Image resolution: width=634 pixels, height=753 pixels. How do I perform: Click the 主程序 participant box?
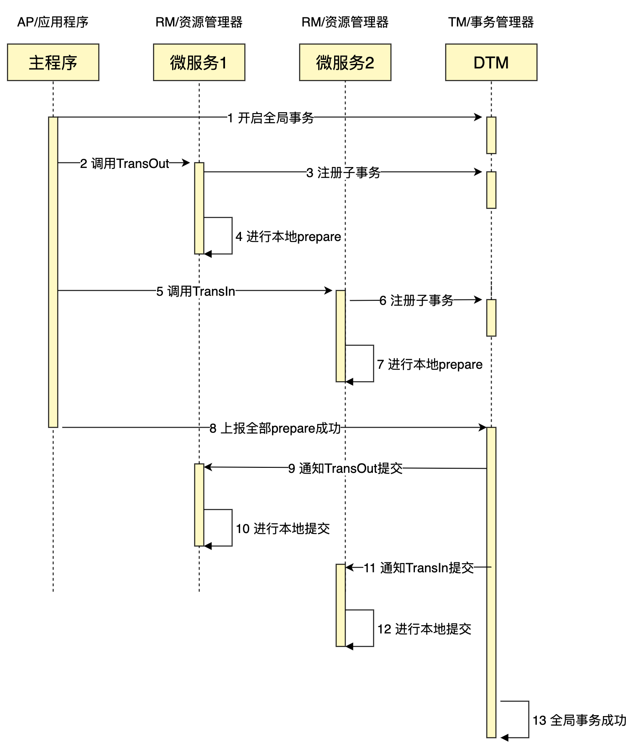click(x=53, y=63)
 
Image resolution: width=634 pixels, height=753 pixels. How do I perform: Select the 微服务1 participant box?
click(x=199, y=63)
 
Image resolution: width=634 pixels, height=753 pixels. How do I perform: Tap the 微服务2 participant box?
click(x=345, y=63)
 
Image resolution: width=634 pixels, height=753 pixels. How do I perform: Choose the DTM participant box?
click(x=491, y=63)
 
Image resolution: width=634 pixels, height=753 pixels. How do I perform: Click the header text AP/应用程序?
click(x=53, y=22)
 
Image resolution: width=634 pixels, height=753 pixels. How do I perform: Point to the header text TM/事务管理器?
click(x=491, y=22)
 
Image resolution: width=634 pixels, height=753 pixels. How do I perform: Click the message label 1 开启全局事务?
click(x=271, y=118)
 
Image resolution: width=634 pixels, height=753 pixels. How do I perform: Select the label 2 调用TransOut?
click(x=125, y=163)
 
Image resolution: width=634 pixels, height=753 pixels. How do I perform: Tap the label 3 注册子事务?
click(x=343, y=173)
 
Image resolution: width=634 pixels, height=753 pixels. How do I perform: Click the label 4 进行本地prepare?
click(x=288, y=236)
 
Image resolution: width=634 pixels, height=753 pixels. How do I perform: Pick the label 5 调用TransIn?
click(x=196, y=291)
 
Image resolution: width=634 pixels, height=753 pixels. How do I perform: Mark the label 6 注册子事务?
click(x=416, y=300)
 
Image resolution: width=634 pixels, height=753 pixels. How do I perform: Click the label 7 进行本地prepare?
click(x=430, y=364)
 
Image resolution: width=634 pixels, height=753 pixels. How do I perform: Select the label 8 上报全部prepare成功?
click(x=275, y=428)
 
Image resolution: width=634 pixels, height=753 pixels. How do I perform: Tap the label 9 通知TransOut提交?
click(x=346, y=468)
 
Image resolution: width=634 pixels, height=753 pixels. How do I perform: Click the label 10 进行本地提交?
click(x=283, y=528)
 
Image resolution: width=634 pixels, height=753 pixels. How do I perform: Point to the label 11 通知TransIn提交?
click(x=419, y=568)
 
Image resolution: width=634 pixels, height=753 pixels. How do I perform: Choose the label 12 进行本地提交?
click(x=424, y=629)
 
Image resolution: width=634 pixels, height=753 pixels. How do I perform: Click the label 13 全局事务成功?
click(x=580, y=720)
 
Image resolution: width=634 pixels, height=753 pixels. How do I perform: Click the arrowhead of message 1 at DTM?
click(x=479, y=117)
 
